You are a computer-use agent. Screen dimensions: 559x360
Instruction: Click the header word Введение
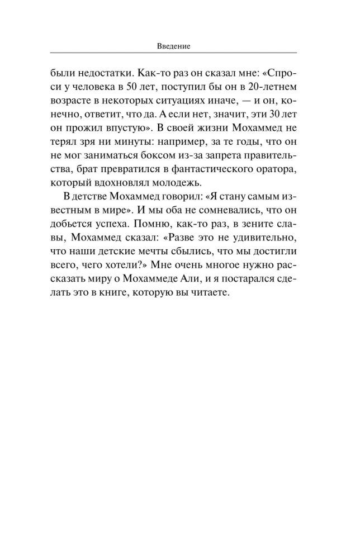click(173, 46)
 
